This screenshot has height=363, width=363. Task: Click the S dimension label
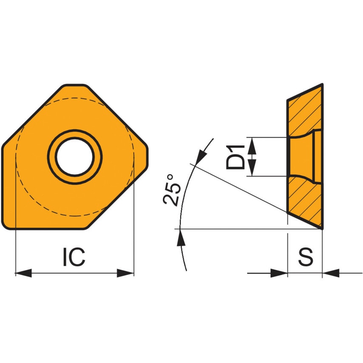point(305,258)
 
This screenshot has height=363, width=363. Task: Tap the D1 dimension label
point(235,157)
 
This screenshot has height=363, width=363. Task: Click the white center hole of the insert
point(75,157)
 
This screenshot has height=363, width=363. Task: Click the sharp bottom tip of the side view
point(322,228)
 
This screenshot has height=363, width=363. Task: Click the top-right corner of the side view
point(322,85)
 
